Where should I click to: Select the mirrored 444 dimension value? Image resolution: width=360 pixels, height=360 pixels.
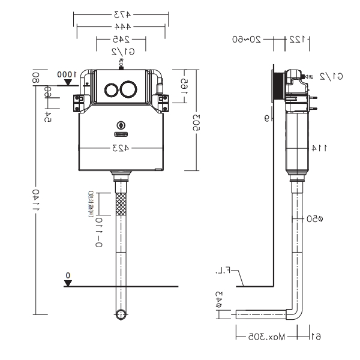[x=121, y=27]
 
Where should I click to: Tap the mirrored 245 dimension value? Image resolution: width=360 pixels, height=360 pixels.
[x=121, y=40]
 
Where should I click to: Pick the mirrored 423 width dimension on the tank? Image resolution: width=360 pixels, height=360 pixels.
[x=122, y=148]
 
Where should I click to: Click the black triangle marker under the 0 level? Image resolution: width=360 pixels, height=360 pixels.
[x=68, y=283]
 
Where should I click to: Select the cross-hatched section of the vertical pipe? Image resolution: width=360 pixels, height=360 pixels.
[x=121, y=204]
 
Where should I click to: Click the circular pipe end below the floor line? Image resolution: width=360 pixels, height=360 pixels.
[x=121, y=314]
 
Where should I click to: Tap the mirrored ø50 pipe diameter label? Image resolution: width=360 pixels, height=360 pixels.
[x=316, y=219]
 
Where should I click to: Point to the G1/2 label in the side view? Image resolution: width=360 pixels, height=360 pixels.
[x=331, y=76]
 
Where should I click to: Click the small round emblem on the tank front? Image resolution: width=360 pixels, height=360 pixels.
[x=121, y=125]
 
